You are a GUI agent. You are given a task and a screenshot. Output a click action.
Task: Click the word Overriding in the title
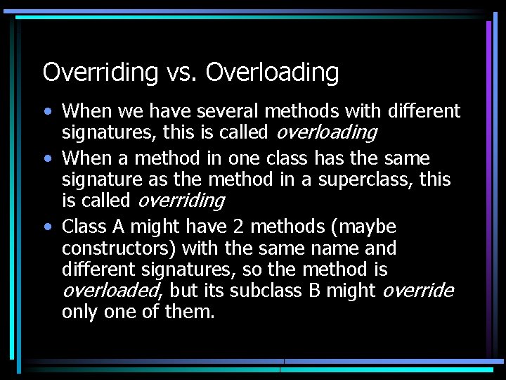pyautogui.click(x=100, y=72)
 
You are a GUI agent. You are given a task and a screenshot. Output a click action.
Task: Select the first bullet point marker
pyautogui.click(x=46, y=112)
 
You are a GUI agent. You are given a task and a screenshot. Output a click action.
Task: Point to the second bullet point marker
pyautogui.click(x=46, y=159)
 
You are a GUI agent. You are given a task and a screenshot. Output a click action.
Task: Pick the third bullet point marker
pyautogui.click(x=46, y=227)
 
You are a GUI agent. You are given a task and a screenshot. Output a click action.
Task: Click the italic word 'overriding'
pyautogui.click(x=181, y=201)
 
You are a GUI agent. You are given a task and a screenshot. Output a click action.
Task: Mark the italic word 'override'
pyautogui.click(x=418, y=291)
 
